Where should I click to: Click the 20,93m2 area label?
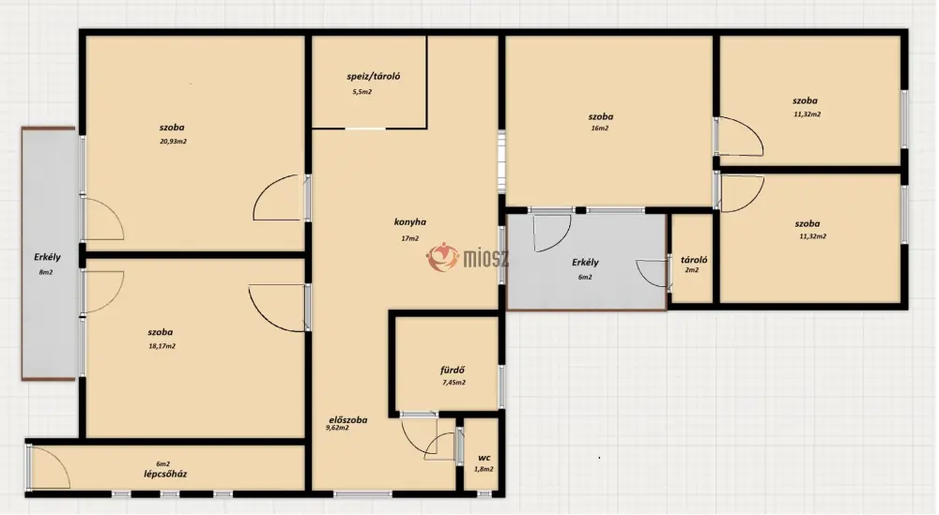[x=173, y=142]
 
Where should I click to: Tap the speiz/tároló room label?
[x=374, y=77]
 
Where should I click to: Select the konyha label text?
[x=410, y=222]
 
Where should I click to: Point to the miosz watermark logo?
[x=467, y=257]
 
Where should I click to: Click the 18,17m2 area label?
[x=162, y=346]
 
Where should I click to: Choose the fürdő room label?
[x=453, y=371]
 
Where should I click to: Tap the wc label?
[x=485, y=458]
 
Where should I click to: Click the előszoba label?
[x=348, y=420]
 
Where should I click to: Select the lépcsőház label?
[x=165, y=475]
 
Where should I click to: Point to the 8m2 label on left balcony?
[x=46, y=272]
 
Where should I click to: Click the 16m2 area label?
[x=599, y=128]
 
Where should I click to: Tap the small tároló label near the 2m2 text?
[x=694, y=260]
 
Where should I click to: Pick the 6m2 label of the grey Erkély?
[x=585, y=277]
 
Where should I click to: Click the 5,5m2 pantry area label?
[x=362, y=92]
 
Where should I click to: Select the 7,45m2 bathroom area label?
[x=454, y=383]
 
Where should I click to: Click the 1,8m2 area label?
[x=484, y=470]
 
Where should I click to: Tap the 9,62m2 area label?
[x=337, y=429]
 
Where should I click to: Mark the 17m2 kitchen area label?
[x=409, y=238]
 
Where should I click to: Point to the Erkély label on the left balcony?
[x=47, y=257]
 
